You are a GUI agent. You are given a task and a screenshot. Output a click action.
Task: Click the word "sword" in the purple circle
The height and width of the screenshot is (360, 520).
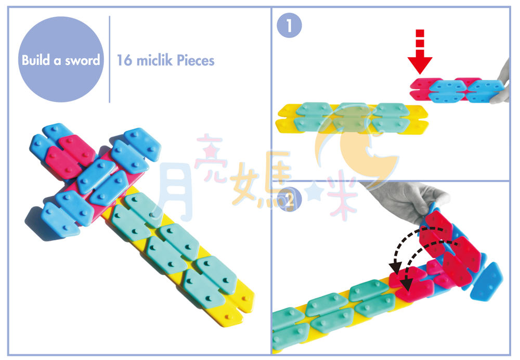click(82, 60)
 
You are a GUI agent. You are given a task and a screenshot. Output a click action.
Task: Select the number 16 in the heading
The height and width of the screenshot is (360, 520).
click(125, 60)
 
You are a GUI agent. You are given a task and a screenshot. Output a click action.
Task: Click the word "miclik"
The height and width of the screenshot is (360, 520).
click(154, 60)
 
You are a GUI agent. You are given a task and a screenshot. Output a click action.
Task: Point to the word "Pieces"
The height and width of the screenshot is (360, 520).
click(196, 60)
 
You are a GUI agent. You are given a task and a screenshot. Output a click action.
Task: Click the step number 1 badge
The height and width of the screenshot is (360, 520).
click(289, 25)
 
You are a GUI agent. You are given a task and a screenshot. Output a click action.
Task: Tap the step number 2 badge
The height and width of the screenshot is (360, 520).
click(289, 200)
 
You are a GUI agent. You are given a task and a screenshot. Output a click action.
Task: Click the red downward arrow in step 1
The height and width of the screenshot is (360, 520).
click(420, 52)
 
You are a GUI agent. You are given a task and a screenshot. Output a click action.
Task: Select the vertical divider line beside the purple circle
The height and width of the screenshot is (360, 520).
click(109, 59)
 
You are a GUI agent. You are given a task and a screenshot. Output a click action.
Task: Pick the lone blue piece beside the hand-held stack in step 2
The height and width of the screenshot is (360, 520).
click(487, 282)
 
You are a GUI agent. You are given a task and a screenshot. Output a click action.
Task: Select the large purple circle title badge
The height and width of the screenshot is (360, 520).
click(61, 59)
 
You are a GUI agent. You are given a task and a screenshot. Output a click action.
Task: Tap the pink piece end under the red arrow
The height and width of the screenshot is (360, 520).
click(419, 89)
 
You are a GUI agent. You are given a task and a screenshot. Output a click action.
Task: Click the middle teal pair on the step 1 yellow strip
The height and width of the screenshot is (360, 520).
click(352, 117)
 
